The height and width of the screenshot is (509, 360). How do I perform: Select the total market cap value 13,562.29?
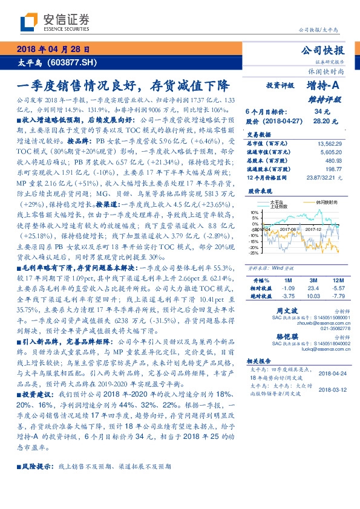point(330,143)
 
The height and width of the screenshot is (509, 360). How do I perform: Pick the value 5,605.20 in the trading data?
point(330,154)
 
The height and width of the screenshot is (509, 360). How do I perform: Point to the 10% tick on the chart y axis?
point(254,213)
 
